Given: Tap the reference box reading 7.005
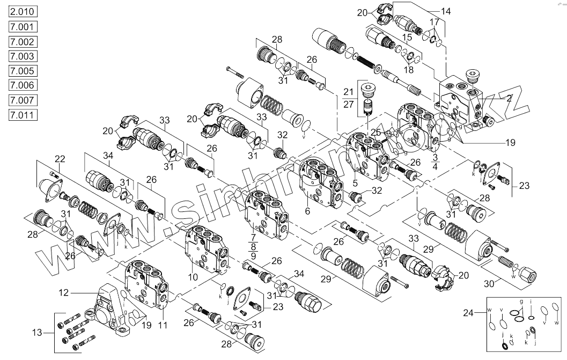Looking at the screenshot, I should [x=22, y=71].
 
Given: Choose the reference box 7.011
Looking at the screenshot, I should [x=22, y=115].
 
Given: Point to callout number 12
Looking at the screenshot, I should [x=64, y=292].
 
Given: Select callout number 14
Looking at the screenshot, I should [x=446, y=11].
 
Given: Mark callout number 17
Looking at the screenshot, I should [x=434, y=23].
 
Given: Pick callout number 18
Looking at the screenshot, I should [x=409, y=70].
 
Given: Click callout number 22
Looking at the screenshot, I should [x=61, y=159].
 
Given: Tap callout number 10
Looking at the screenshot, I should [x=193, y=277].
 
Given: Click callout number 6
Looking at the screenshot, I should [x=307, y=211].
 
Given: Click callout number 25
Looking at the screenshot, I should [x=377, y=133].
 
